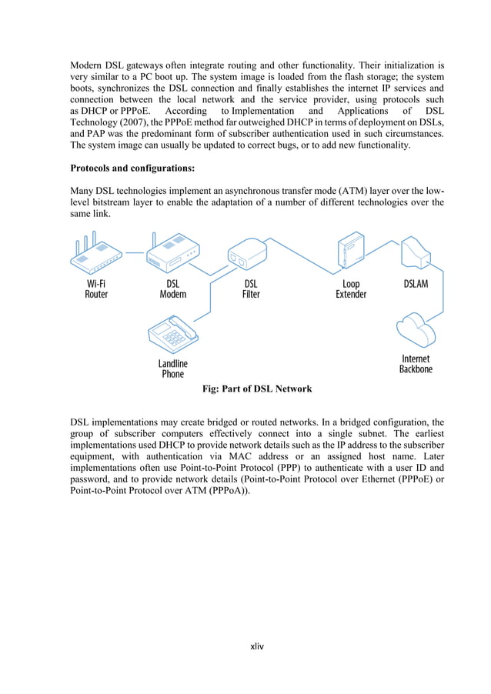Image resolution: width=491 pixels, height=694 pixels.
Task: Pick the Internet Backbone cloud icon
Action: pyautogui.click(x=416, y=329)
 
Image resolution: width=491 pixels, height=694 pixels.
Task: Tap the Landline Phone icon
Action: pyautogui.click(x=172, y=333)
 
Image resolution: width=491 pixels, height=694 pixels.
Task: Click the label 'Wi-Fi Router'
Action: pyautogui.click(x=96, y=289)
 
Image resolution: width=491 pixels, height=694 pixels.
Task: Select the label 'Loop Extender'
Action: pyautogui.click(x=351, y=289)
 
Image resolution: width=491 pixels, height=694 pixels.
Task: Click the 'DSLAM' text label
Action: pyautogui.click(x=416, y=283)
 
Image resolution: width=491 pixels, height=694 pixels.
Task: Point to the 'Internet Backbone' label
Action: pyautogui.click(x=416, y=364)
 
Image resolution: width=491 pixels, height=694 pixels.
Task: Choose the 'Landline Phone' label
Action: pyautogui.click(x=173, y=369)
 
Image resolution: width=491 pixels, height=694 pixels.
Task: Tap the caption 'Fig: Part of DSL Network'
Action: pyautogui.click(x=256, y=389)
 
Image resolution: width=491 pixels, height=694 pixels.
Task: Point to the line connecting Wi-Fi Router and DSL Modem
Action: pyautogui.click(x=135, y=252)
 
